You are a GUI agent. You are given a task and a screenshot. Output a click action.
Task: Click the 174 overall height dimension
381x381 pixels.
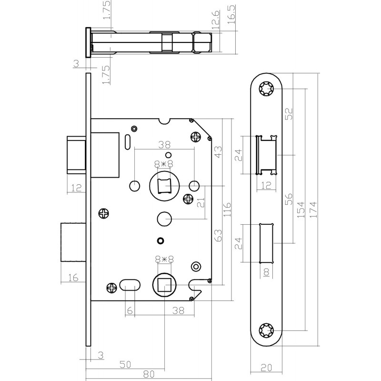[312, 210]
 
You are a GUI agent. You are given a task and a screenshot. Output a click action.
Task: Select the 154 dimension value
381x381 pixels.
[301, 210]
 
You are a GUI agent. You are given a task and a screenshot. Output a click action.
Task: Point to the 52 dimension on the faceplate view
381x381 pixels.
[289, 113]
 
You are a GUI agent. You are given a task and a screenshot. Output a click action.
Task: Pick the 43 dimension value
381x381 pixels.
[218, 151]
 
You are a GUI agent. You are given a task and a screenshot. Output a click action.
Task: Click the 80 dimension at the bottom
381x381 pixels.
[150, 375]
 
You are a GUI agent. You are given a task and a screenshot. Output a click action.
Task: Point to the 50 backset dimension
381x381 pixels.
[125, 364]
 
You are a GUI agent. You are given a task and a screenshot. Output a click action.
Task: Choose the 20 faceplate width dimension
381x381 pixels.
[267, 367]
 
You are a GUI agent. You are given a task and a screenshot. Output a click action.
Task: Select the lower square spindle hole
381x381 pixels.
[164, 286]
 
